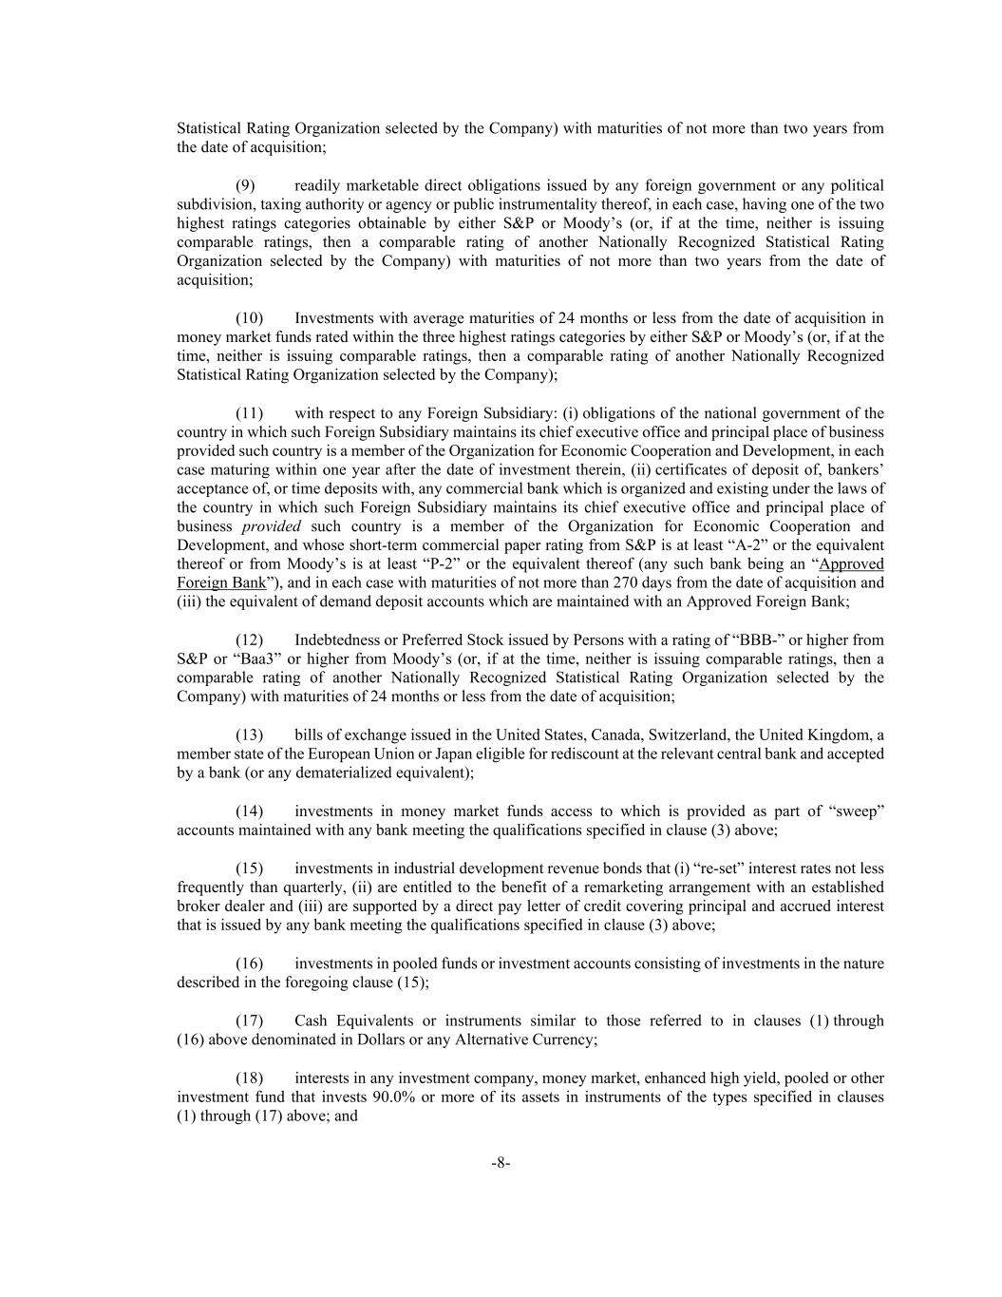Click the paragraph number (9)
[x=245, y=185]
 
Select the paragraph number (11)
[x=249, y=413]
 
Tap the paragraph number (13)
[x=249, y=734]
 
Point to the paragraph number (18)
[x=249, y=1078]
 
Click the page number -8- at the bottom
[x=501, y=1163]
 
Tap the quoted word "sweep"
[x=858, y=811]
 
